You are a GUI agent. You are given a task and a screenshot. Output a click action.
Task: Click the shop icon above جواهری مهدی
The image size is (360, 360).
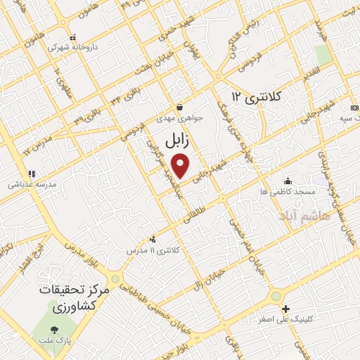click(x=180, y=108)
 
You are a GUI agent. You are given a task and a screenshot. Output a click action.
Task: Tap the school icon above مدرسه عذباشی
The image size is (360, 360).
click(x=31, y=174)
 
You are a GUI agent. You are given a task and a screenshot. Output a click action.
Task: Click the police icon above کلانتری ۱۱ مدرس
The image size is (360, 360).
click(x=153, y=239)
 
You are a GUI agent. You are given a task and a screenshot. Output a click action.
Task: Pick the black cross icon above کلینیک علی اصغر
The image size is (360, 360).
click(x=285, y=309)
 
